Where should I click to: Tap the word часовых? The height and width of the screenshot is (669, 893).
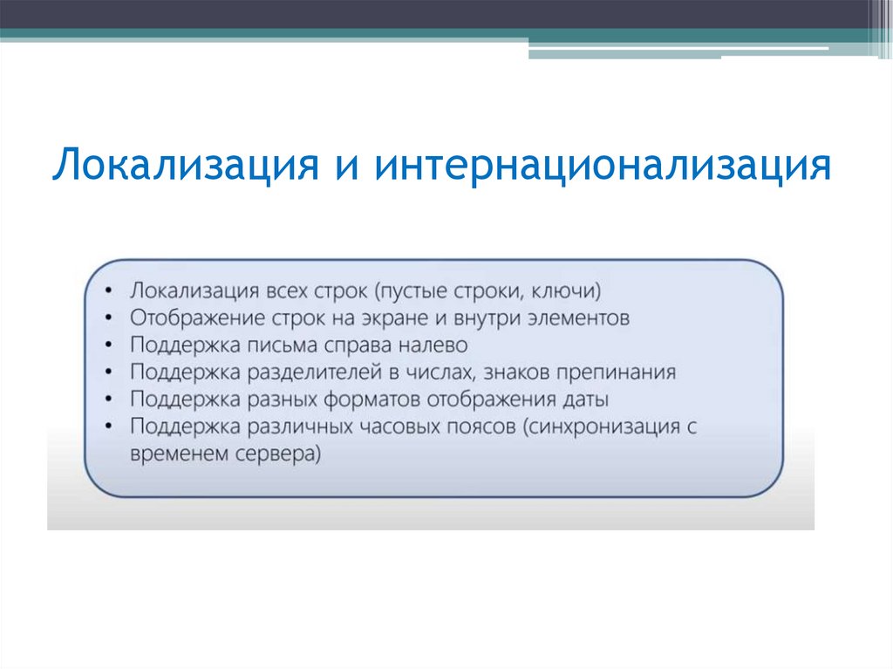pyautogui.click(x=403, y=427)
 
